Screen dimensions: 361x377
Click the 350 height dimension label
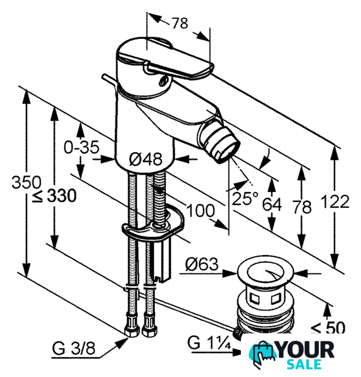(x=27, y=182)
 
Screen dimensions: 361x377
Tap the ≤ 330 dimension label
(x=55, y=196)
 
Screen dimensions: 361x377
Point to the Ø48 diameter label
(x=145, y=159)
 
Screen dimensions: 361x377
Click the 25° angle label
(x=244, y=199)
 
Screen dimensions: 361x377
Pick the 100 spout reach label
(x=200, y=210)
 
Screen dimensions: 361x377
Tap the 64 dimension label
(x=271, y=204)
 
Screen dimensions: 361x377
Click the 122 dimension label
(x=335, y=201)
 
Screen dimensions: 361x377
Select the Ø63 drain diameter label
(x=202, y=264)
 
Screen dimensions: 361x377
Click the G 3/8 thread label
(x=74, y=348)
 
